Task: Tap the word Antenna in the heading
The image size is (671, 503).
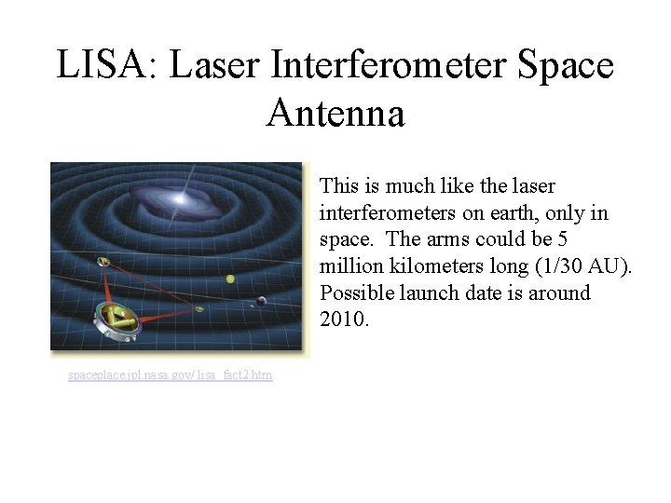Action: pos(335,114)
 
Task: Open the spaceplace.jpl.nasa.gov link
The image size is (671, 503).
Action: pos(171,374)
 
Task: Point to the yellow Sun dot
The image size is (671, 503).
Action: pos(230,279)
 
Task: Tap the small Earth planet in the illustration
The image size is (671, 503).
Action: pos(262,300)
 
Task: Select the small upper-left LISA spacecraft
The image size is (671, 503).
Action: pos(103,263)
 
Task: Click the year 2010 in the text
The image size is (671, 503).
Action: pos(344,319)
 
